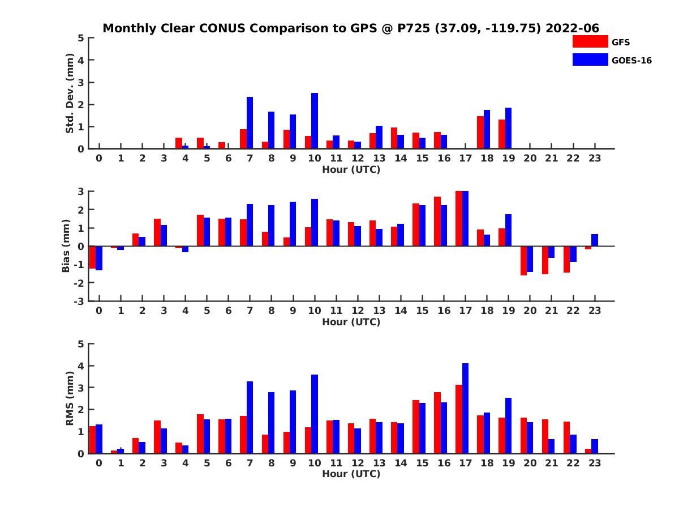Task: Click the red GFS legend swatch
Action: [590, 41]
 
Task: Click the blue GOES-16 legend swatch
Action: [590, 59]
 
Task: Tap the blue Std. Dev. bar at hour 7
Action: [250, 123]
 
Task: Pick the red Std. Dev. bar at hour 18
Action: [480, 133]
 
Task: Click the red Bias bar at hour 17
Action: [459, 219]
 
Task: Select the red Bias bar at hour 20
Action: [523, 261]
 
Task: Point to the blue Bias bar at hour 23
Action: [595, 240]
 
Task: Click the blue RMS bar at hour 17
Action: [465, 408]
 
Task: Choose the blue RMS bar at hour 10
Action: [315, 414]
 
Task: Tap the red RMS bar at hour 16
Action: [437, 423]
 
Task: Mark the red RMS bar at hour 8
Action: [265, 444]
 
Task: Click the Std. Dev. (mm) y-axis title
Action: [70, 93]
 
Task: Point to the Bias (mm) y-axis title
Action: [66, 246]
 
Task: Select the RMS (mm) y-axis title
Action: [70, 398]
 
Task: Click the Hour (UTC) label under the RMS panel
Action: [351, 474]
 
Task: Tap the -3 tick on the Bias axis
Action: [80, 301]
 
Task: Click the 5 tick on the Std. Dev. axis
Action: [82, 38]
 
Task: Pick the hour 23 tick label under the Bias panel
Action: [594, 311]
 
